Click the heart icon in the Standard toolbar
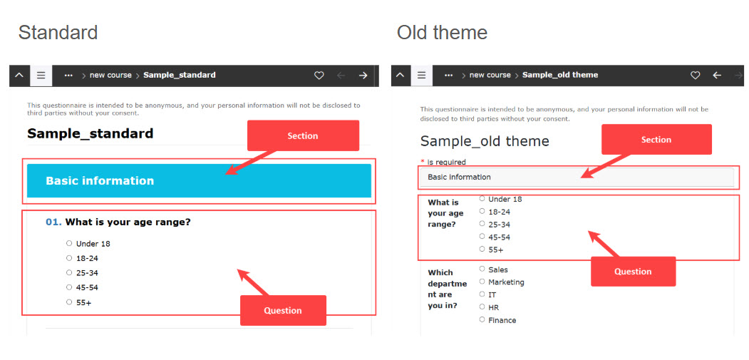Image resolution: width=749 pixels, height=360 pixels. point(319,75)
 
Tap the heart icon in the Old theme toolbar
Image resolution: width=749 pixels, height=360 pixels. point(696,75)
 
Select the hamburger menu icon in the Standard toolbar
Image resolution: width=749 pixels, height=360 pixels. point(41,75)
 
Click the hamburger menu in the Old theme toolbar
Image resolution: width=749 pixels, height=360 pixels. point(421,75)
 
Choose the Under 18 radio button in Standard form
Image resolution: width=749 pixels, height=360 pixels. point(69,243)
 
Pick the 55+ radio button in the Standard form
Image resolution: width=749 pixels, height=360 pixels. point(69,302)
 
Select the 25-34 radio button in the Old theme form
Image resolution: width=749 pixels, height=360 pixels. point(482,224)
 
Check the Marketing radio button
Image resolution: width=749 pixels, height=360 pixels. point(482,282)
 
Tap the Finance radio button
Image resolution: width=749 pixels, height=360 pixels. point(482,319)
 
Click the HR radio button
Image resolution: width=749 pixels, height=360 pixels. point(482,307)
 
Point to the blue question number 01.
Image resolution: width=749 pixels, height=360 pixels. point(53,222)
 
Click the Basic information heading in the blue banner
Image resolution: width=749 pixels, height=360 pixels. point(100,181)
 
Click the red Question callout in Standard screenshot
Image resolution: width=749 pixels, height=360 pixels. point(283,310)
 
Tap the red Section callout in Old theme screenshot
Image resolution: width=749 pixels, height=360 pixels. point(656,140)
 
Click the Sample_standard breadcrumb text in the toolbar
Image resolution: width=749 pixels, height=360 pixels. point(180,75)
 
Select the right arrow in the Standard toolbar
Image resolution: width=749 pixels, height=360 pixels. point(363,75)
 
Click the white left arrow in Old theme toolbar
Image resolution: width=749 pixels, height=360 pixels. point(716,75)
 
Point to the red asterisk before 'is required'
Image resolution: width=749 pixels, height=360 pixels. point(423,162)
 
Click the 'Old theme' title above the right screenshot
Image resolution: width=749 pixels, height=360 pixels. point(442,33)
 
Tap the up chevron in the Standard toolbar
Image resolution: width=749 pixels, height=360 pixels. point(19,75)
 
